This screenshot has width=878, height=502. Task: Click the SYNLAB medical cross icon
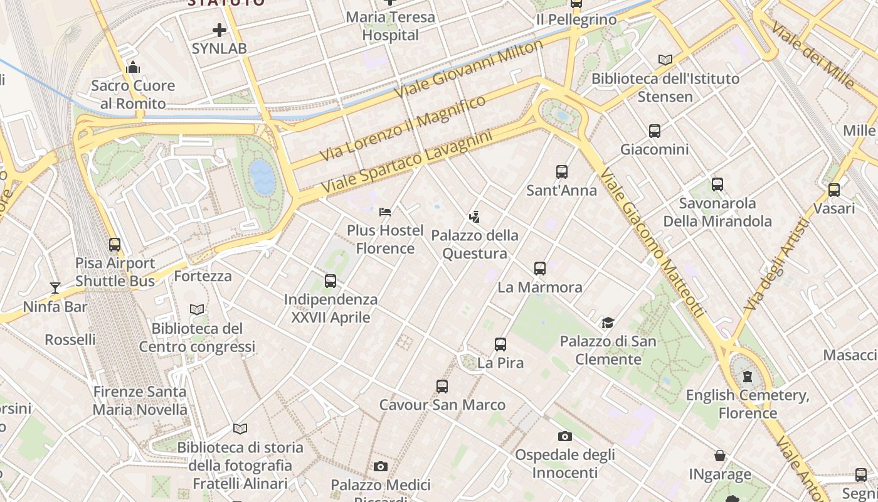pyautogui.click(x=219, y=29)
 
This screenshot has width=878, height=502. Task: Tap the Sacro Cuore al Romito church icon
pyautogui.click(x=133, y=67)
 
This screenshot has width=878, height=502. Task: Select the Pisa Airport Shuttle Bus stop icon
pyautogui.click(x=114, y=245)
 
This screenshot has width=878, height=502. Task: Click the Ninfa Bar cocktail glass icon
pyautogui.click(x=55, y=288)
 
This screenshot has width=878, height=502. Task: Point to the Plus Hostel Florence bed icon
pyautogui.click(x=385, y=211)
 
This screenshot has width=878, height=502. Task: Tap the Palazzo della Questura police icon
pyautogui.click(x=474, y=217)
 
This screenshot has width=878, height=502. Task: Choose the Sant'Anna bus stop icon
pyautogui.click(x=561, y=171)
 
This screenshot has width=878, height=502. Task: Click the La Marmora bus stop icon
pyautogui.click(x=539, y=269)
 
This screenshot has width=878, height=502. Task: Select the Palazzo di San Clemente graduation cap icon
pyautogui.click(x=607, y=323)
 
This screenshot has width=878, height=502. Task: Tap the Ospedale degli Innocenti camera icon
pyautogui.click(x=565, y=436)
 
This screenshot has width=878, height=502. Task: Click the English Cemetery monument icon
pyautogui.click(x=747, y=376)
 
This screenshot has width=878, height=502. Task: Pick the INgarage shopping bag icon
pyautogui.click(x=720, y=456)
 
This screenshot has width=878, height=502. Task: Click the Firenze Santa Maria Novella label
pyautogui.click(x=140, y=401)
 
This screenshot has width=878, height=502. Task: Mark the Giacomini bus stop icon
pyautogui.click(x=654, y=131)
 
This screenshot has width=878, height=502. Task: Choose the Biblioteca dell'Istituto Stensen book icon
pyautogui.click(x=665, y=60)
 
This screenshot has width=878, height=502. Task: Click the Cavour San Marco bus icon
pyautogui.click(x=442, y=387)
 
